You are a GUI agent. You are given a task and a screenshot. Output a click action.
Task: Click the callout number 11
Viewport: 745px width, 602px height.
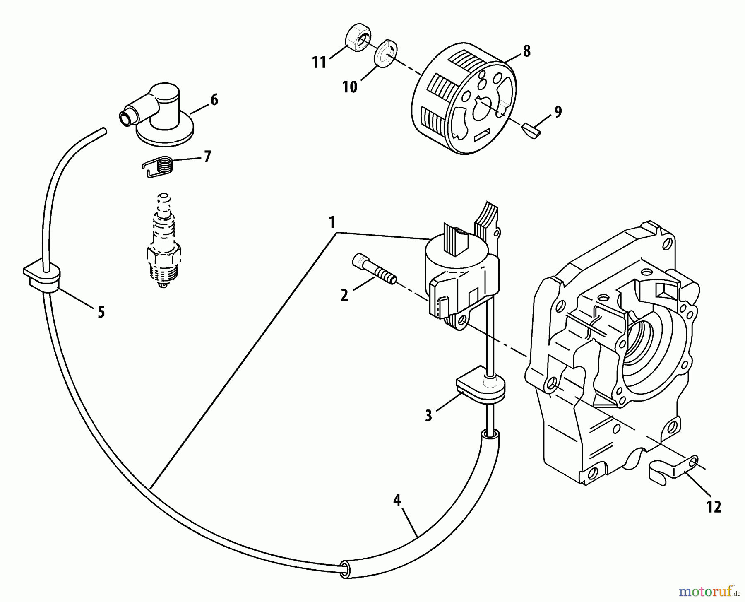[x=319, y=63]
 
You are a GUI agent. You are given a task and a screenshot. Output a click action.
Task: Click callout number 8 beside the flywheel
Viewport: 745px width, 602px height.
[x=526, y=51]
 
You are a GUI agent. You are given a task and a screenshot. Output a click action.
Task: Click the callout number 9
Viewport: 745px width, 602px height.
[x=558, y=112]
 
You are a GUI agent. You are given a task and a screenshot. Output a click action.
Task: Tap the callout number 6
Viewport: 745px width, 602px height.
[x=214, y=100]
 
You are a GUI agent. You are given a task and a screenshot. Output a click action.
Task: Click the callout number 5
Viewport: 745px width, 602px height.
[x=101, y=312]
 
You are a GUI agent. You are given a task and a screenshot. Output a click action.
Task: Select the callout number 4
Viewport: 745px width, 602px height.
[x=397, y=500]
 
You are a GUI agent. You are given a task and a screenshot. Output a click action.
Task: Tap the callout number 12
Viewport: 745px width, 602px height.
[x=714, y=507]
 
